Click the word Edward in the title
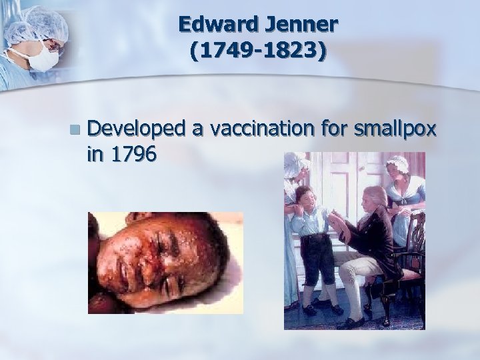(x=217, y=26)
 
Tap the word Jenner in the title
(x=300, y=26)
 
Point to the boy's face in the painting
(x=306, y=198)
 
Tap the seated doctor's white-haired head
(x=376, y=199)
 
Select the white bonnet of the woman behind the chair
(x=398, y=163)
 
